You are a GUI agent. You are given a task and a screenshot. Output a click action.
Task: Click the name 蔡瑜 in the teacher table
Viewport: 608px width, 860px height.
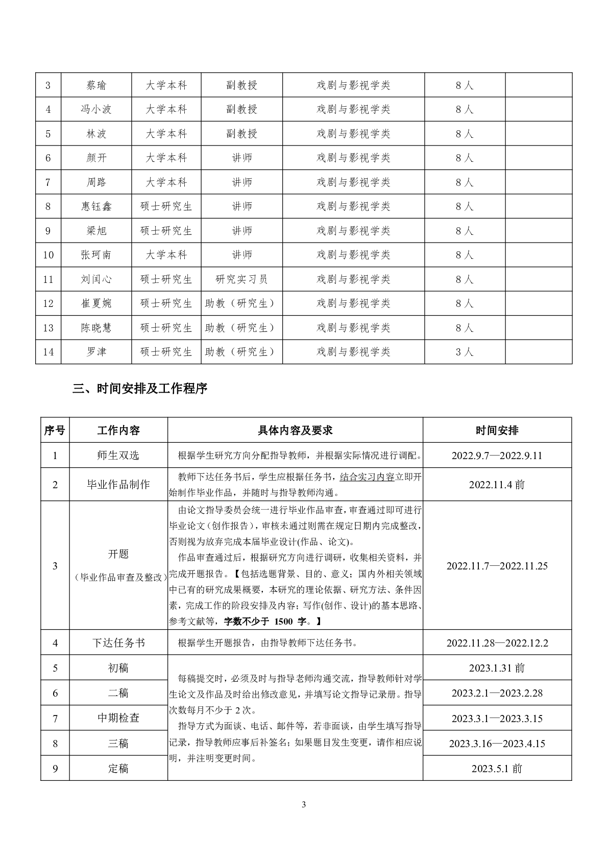(x=96, y=85)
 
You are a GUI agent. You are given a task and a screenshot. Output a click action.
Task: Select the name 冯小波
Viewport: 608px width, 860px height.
(x=96, y=109)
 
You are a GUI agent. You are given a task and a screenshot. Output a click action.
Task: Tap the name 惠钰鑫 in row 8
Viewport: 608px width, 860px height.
(x=96, y=206)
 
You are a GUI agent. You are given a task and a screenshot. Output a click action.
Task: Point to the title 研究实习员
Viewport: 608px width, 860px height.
(x=241, y=279)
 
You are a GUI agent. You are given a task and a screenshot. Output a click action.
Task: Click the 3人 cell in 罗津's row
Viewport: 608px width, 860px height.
(x=465, y=352)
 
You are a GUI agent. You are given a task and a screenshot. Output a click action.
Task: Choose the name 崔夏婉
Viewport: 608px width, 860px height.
(x=96, y=303)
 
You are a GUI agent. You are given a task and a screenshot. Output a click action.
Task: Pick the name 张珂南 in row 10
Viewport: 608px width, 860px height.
(x=96, y=255)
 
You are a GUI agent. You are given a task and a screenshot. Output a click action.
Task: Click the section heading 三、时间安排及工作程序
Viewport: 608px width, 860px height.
(x=140, y=389)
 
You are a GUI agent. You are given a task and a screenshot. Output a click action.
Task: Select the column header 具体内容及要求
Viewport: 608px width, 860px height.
(x=295, y=431)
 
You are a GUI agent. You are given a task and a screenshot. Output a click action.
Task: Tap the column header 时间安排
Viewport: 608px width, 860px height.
(x=497, y=431)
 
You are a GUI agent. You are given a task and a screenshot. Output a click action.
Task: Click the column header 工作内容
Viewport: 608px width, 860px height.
(x=118, y=431)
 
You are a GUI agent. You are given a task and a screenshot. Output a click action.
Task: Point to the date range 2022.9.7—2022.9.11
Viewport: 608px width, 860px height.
(x=497, y=456)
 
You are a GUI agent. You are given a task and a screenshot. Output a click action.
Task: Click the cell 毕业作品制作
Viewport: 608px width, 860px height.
(x=118, y=485)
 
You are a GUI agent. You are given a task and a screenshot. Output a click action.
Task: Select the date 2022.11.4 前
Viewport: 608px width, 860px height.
(x=497, y=485)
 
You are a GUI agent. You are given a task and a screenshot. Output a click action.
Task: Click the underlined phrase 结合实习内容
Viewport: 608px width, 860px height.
(x=367, y=477)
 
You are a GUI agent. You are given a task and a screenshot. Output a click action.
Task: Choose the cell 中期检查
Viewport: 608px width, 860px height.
(x=118, y=718)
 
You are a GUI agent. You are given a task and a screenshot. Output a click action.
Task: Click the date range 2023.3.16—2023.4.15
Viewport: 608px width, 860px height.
(x=497, y=744)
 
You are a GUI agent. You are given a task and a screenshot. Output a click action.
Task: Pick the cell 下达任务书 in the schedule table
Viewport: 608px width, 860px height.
(x=118, y=643)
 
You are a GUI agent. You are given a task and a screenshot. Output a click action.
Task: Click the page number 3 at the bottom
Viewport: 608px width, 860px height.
(x=304, y=805)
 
